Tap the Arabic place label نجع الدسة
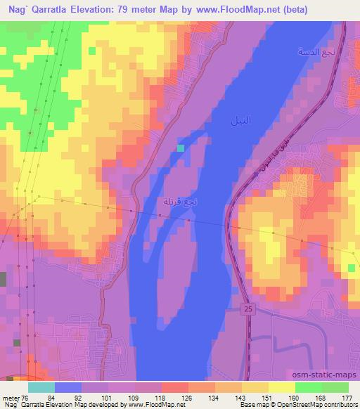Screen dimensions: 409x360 [x=310, y=53]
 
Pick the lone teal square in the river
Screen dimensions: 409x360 [x=181, y=148]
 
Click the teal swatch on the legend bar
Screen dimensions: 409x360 [x=41, y=388]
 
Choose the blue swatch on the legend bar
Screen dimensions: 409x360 [x=68, y=388]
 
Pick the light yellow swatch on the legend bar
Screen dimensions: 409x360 [x=282, y=388]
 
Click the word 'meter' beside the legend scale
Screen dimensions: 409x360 [x=11, y=398]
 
